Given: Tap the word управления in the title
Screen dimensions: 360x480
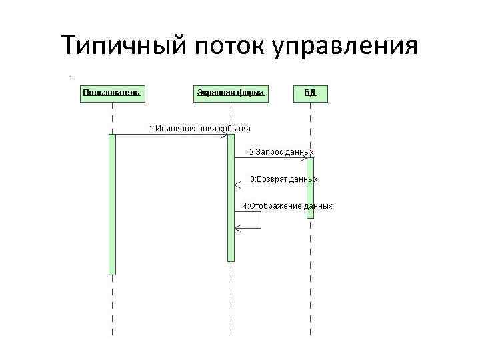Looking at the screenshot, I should point(345,46).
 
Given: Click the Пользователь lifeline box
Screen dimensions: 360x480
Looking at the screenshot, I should point(111,93).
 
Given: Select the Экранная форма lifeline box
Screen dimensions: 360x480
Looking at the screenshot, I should point(230,93).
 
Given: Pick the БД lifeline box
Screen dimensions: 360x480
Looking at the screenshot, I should point(310,93).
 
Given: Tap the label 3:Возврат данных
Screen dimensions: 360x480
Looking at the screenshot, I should point(283,179).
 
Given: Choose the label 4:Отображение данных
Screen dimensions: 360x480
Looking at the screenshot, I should point(287,206).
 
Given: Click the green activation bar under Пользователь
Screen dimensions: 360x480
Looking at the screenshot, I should point(112,203).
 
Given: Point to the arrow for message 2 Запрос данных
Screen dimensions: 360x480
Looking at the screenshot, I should point(270,159).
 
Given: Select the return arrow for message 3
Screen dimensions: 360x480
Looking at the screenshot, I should point(270,185).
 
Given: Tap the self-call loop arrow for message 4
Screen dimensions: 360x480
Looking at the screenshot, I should point(260,220).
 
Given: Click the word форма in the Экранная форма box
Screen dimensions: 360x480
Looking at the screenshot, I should point(251,93).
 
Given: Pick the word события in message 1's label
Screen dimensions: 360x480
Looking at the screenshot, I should point(235,128).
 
